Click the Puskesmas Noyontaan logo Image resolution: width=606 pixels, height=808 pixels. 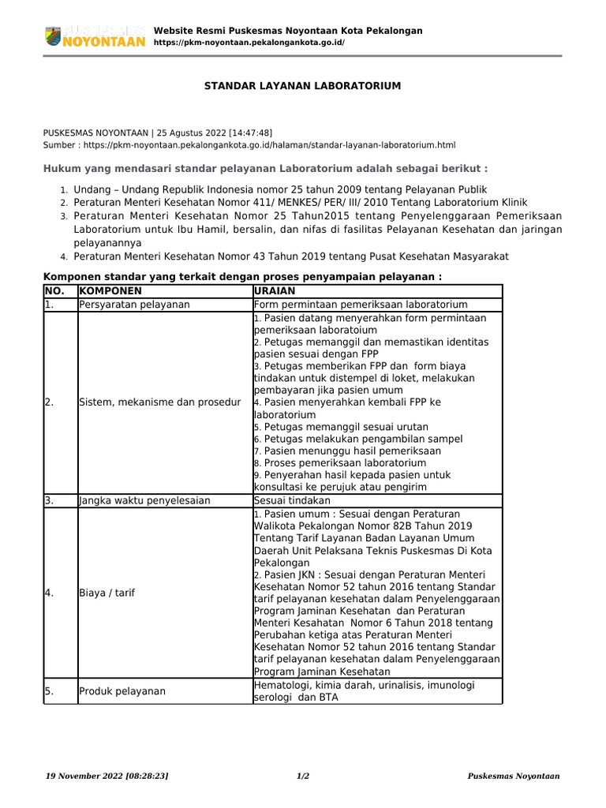click(94, 36)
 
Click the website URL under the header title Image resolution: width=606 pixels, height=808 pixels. click(249, 43)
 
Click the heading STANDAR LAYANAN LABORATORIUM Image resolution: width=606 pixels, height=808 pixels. click(302, 85)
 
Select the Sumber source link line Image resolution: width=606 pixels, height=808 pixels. click(249, 145)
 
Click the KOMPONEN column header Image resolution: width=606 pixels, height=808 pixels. click(110, 290)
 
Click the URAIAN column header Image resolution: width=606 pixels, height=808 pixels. click(275, 290)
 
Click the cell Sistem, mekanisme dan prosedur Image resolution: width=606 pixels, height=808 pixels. click(159, 402)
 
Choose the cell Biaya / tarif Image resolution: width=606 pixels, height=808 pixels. click(107, 593)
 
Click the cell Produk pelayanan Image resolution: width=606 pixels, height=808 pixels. click(122, 691)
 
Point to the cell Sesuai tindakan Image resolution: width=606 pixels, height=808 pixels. click(292, 500)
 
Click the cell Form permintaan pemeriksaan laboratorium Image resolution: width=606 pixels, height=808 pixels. click(361, 304)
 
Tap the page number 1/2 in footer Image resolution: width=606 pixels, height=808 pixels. click(302, 776)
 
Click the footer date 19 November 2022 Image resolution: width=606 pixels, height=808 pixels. click(108, 776)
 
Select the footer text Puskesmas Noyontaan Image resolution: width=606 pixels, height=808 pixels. click(513, 776)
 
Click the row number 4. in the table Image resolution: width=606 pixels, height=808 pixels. click(50, 593)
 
